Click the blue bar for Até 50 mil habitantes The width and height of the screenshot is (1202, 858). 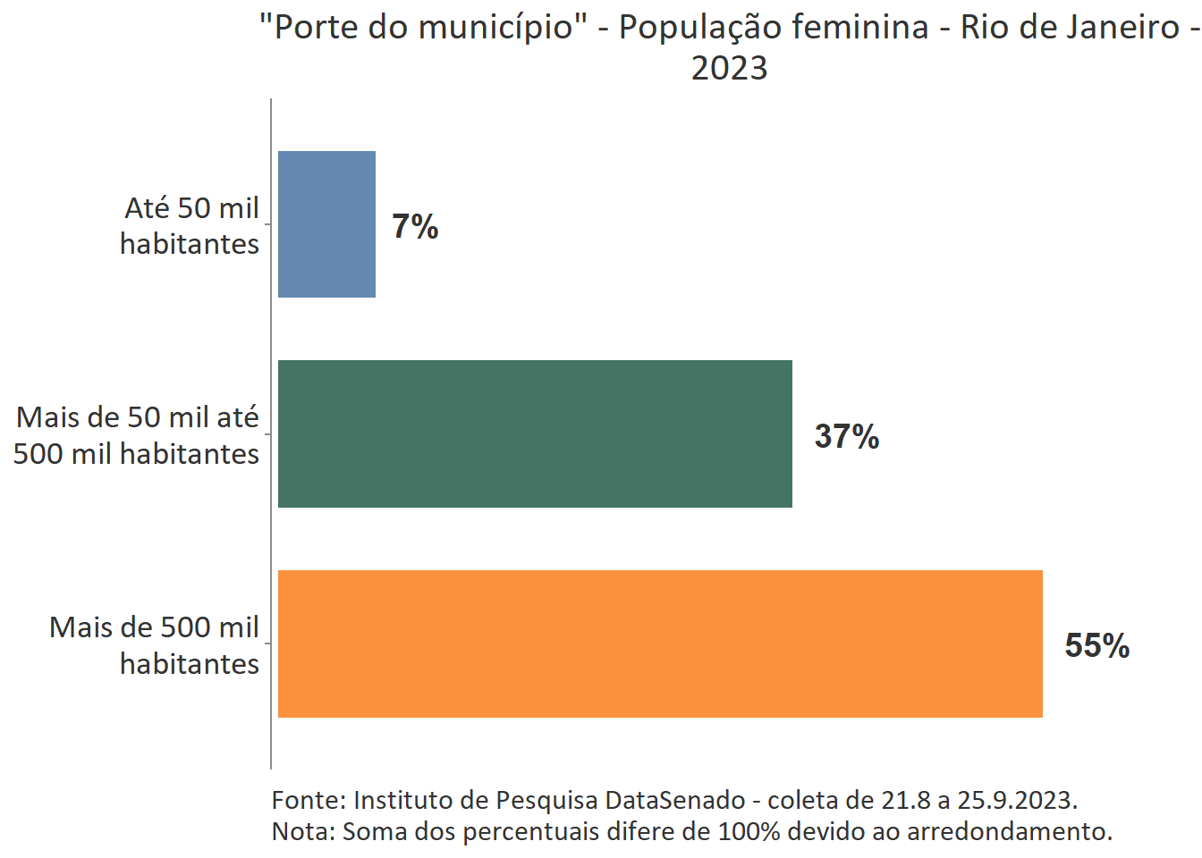pos(326,224)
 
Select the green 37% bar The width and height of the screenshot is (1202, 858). pos(535,433)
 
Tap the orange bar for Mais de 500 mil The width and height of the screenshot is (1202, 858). pos(660,643)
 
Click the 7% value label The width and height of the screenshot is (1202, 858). pos(415,227)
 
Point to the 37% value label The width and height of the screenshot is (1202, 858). pos(846,437)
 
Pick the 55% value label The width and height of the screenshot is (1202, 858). pos(1096,646)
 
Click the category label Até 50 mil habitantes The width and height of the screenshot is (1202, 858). pos(190,225)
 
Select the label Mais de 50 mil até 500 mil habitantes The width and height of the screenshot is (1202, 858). pos(137,435)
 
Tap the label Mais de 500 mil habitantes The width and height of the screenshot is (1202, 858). pos(155,645)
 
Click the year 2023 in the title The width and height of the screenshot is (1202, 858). pos(729,69)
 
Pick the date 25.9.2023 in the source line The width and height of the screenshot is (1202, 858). pos(1017,800)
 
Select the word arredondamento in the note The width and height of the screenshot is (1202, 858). pos(1009,832)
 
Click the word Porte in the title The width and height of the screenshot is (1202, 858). pos(316,28)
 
